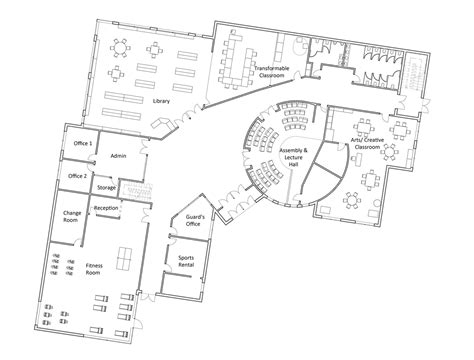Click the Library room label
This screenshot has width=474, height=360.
(161, 101)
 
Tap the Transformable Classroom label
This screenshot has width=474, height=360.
(272, 72)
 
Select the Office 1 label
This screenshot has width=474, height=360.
(83, 145)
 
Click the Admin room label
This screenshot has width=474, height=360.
(118, 156)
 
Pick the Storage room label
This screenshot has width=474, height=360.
(107, 187)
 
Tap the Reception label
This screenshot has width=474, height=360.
(107, 208)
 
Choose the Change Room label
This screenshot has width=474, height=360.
(72, 217)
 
